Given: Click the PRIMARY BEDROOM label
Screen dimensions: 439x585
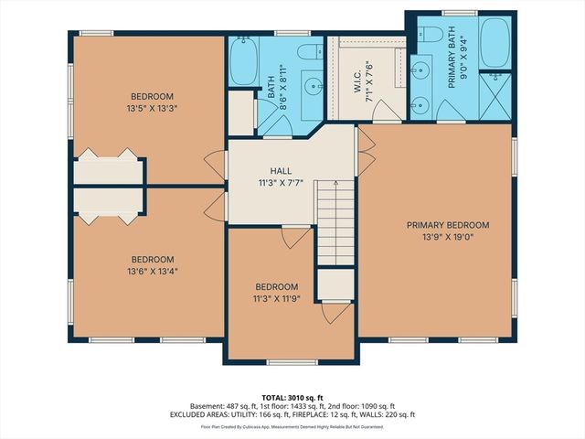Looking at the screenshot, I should click(442, 225).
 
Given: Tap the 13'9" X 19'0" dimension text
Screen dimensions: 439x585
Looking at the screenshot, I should click(442, 237).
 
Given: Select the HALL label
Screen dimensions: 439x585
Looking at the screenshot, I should click(281, 171).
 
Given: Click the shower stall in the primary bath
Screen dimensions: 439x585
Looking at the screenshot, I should click(495, 94).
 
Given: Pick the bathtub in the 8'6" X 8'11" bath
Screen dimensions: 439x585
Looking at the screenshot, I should click(245, 61).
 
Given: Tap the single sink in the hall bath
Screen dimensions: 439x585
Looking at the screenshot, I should click(311, 89).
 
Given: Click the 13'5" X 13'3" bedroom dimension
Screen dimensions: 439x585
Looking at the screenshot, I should click(152, 108).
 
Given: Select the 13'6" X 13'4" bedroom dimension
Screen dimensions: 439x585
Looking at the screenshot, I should click(152, 270).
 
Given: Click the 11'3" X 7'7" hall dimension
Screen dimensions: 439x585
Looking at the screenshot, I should click(281, 182).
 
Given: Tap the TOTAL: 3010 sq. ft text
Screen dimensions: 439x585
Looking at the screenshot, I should click(292, 397).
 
